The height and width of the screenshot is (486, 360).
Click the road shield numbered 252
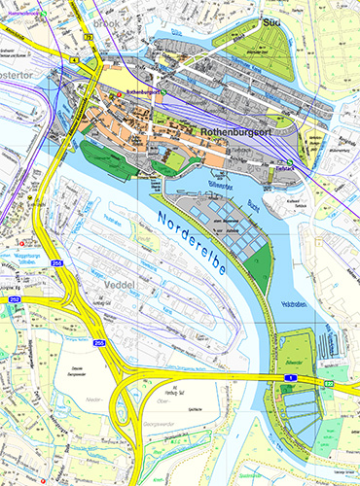[x=14, y=300]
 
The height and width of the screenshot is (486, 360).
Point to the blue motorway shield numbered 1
[x=289, y=374]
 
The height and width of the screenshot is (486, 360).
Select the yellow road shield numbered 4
[x=71, y=59]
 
